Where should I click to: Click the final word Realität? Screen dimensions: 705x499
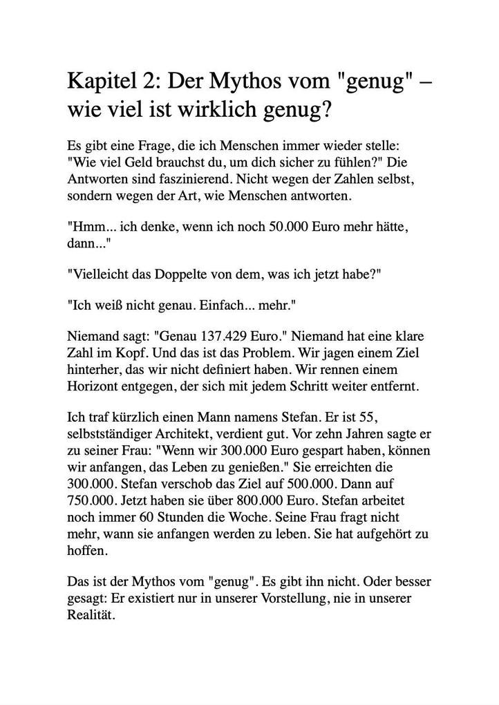click(90, 615)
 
